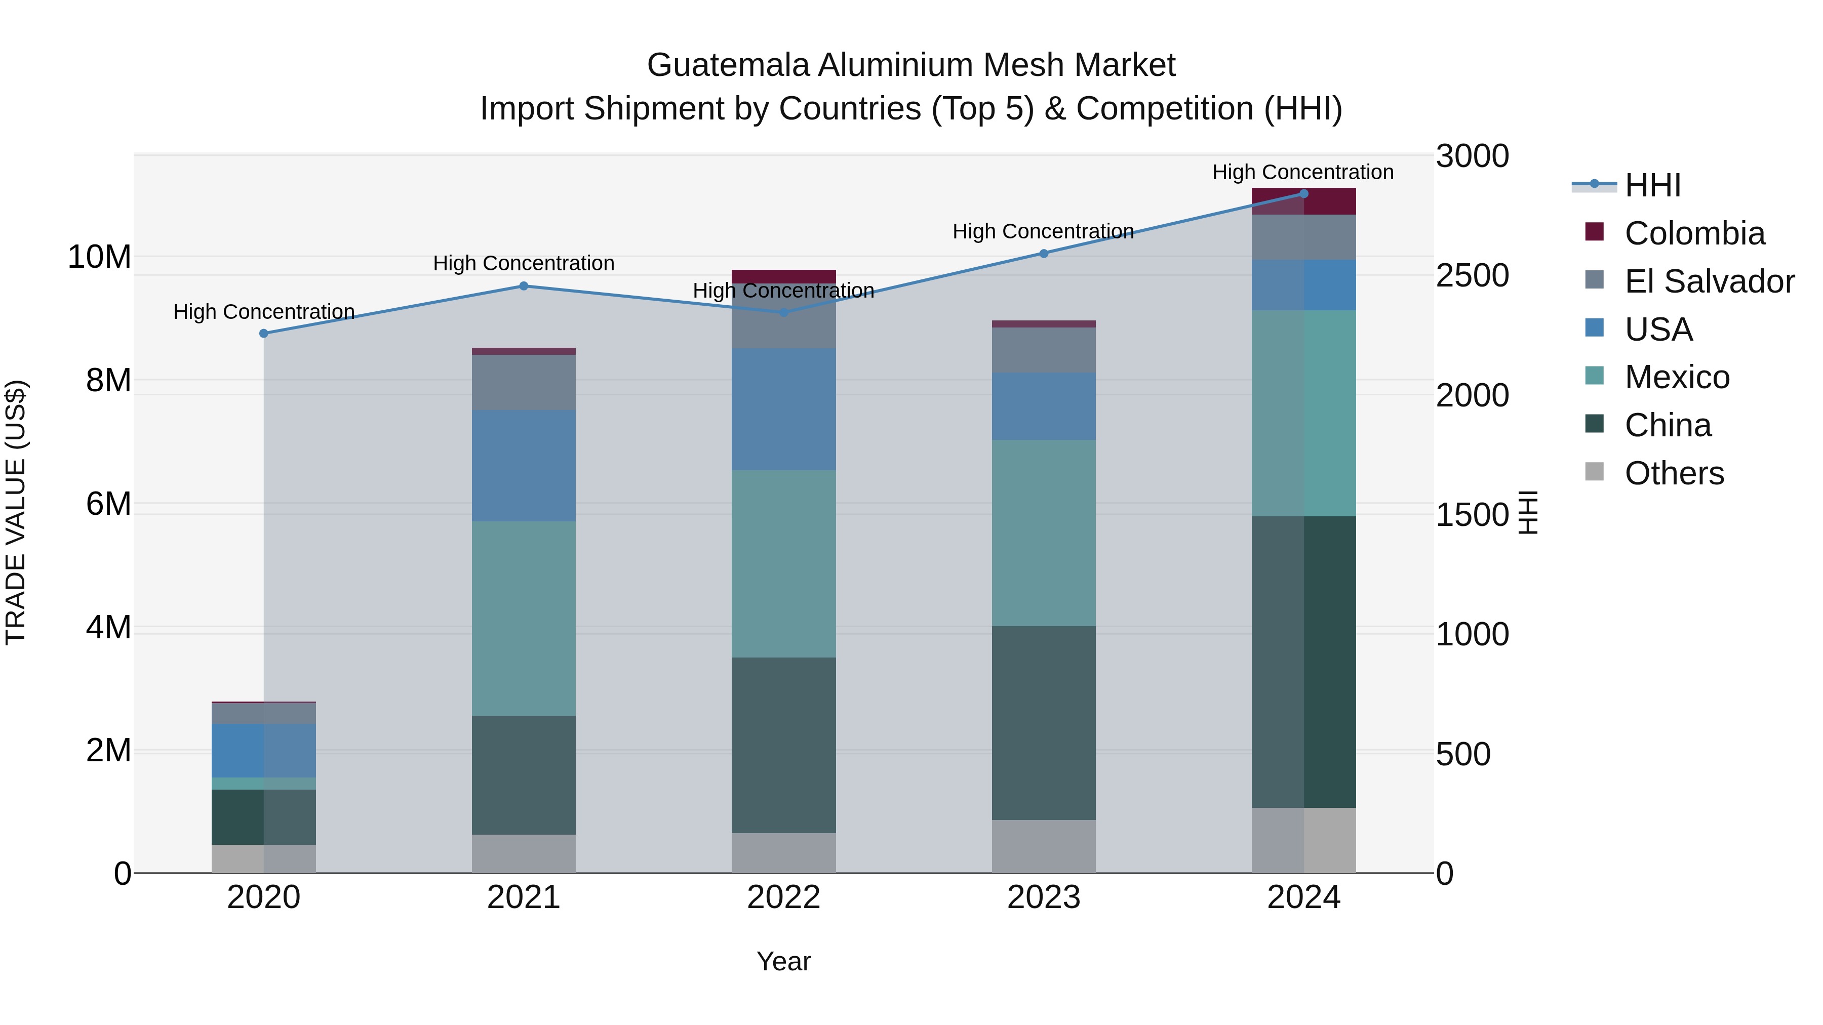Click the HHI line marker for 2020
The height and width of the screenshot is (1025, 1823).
(x=264, y=333)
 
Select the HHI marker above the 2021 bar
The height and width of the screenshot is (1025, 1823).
(x=524, y=286)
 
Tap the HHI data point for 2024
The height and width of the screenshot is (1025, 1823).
(x=1303, y=194)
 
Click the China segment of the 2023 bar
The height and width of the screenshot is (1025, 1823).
(x=1043, y=722)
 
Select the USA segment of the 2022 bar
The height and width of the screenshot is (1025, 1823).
(x=783, y=409)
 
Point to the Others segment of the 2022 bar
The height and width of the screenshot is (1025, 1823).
(x=783, y=852)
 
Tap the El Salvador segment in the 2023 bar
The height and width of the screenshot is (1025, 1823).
(x=1043, y=350)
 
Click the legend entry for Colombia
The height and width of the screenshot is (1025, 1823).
(x=1694, y=233)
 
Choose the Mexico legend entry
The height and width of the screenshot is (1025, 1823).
(x=1677, y=377)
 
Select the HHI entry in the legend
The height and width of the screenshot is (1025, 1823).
(x=1652, y=185)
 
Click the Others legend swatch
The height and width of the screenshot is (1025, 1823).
(x=1595, y=471)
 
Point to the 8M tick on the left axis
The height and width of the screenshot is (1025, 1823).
(x=108, y=381)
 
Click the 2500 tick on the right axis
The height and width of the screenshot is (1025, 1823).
(x=1472, y=276)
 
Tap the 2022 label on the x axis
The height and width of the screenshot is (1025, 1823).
(x=783, y=897)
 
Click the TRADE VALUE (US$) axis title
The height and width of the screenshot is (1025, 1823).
(x=16, y=512)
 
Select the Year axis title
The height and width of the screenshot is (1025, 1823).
(x=783, y=961)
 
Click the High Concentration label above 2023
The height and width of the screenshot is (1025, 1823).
(x=1043, y=231)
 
